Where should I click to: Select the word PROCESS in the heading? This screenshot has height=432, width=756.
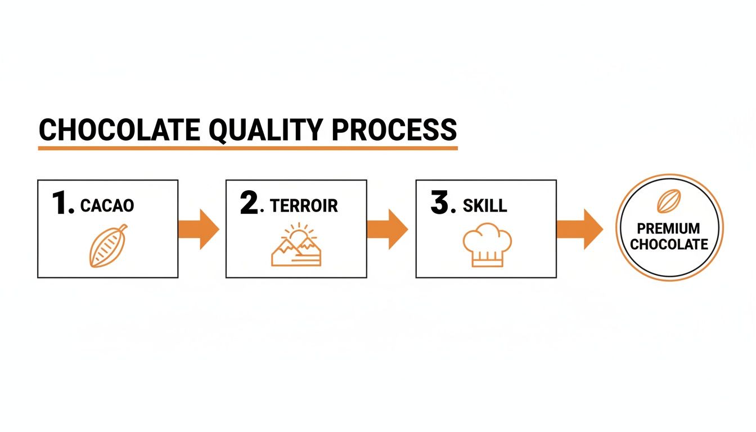coord(394,130)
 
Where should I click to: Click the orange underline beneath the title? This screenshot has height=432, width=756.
coord(247,148)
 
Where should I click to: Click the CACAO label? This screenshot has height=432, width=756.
coord(107,205)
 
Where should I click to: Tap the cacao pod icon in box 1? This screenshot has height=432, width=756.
coord(108,246)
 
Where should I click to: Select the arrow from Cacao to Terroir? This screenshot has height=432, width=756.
coord(198,229)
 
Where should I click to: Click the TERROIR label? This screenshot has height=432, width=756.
coord(304,205)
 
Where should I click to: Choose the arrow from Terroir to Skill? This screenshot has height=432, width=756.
coord(387,229)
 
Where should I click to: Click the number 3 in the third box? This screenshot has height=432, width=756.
coord(439,204)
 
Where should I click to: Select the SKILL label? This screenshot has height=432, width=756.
coord(485,205)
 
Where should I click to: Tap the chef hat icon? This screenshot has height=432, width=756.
coord(487,245)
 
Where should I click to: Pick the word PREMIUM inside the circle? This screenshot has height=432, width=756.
coord(669,229)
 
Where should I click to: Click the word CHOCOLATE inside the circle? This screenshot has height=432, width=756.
coord(669,244)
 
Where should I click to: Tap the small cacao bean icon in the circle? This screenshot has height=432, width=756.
coord(669,201)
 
